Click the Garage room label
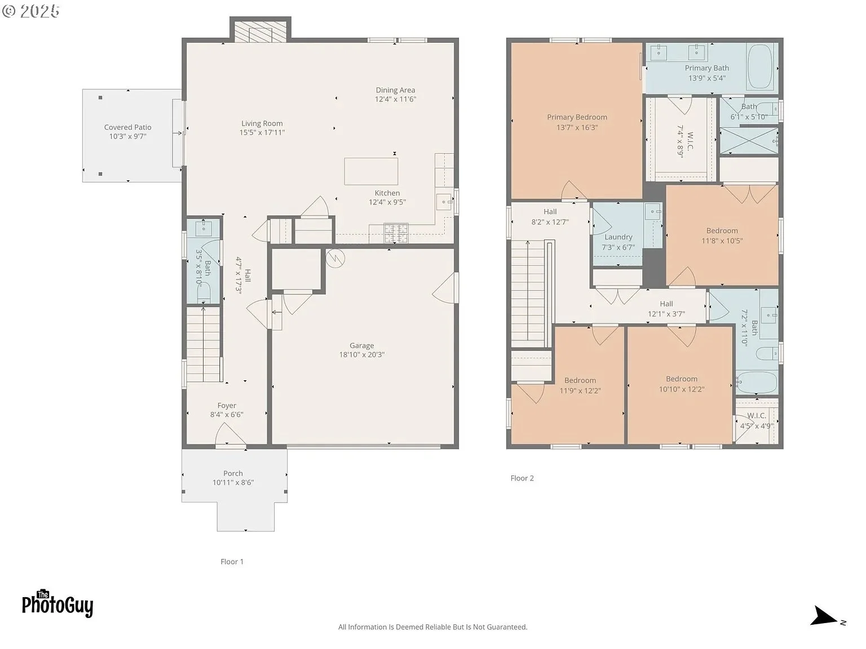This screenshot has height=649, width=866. (x=361, y=345)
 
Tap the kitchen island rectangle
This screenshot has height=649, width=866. (x=371, y=171)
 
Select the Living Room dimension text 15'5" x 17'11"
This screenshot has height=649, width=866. (x=262, y=133)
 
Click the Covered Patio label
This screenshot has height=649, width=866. (x=128, y=127)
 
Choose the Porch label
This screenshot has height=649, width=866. (x=233, y=473)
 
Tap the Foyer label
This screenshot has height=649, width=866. (x=227, y=406)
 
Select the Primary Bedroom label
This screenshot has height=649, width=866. (x=577, y=117)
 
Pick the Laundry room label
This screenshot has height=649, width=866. (x=618, y=237)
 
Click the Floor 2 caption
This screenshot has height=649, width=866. (x=522, y=478)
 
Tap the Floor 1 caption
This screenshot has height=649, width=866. (x=232, y=562)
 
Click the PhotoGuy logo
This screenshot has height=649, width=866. (x=58, y=603)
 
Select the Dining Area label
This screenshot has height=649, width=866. (x=395, y=90)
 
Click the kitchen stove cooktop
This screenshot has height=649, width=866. (x=396, y=233)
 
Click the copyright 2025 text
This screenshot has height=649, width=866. (x=30, y=11)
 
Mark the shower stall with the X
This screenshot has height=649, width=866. (x=749, y=140)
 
